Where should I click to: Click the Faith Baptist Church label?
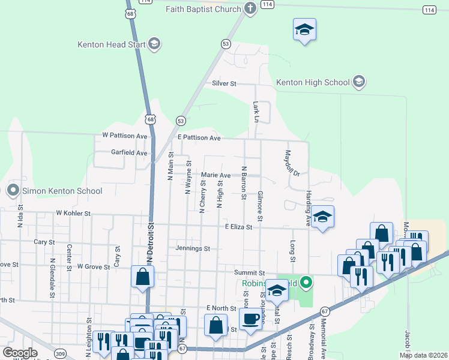point(203,9)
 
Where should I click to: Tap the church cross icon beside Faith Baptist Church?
point(250,8)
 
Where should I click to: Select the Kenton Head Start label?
point(112,44)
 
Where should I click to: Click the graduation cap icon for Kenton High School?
point(359,82)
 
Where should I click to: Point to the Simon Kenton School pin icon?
point(13,191)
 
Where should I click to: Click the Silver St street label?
point(224,83)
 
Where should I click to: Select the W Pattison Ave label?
point(124,136)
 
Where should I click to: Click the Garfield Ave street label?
point(129,153)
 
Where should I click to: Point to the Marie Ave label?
point(215,175)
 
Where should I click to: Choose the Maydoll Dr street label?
point(291,163)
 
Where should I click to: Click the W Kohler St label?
point(73,213)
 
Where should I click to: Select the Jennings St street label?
point(193,248)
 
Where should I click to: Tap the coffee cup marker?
point(250,318)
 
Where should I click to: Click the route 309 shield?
point(60,354)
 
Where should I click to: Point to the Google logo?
point(20,353)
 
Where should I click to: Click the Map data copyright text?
point(424,355)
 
